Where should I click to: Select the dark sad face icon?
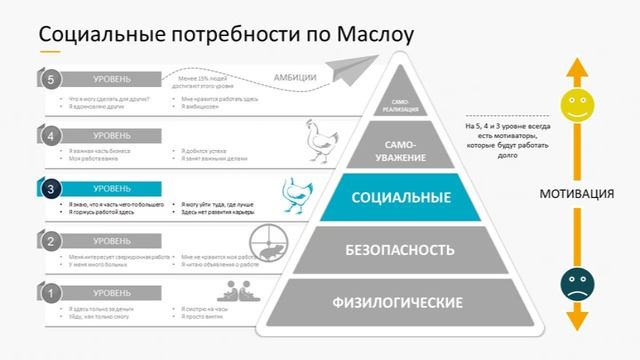click(x=574, y=281)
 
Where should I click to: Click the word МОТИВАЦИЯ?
click(x=574, y=194)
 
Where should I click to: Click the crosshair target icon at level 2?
click(x=266, y=241)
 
